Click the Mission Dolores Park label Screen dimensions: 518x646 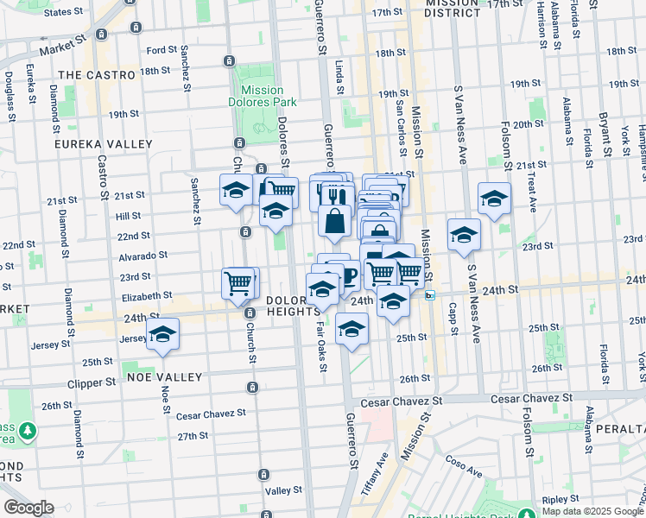click(263, 96)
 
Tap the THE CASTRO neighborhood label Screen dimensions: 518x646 click(97, 75)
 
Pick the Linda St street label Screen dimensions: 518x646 click(339, 77)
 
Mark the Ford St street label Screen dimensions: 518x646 click(161, 51)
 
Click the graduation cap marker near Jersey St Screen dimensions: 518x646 click(161, 334)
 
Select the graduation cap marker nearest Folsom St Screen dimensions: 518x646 click(494, 200)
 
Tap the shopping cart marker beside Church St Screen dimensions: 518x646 click(238, 282)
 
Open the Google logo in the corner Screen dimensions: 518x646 click(28, 508)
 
